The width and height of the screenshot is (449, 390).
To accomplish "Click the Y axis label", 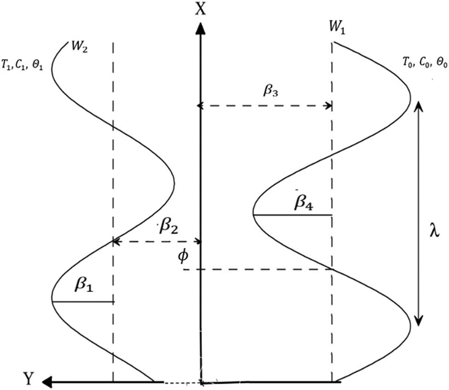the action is [29, 378].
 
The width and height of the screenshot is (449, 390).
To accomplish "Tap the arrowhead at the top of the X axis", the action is [201, 29].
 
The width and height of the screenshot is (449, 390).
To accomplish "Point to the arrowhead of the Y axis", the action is [47, 382].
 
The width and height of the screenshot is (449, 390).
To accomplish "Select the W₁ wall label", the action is [337, 28].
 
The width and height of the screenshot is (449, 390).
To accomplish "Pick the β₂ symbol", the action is [169, 227].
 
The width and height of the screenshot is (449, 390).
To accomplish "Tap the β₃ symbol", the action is [271, 91].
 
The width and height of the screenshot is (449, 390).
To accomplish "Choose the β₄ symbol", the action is [304, 203].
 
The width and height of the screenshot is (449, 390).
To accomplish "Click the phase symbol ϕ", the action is [183, 256].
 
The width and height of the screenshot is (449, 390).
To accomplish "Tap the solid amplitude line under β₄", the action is [292, 215].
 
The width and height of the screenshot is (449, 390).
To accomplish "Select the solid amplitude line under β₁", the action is [83, 301].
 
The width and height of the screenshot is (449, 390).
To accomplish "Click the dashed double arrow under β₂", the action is [157, 242].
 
